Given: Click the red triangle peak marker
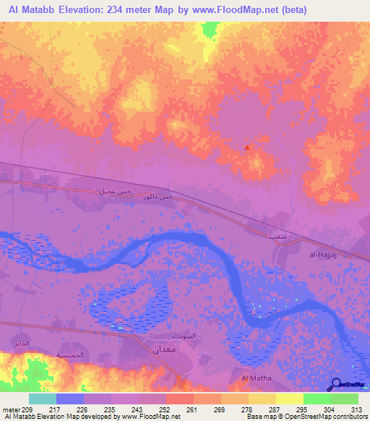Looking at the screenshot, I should click(247, 147).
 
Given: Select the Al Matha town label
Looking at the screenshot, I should click(255, 378).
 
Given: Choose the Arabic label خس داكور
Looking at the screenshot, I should click(158, 197).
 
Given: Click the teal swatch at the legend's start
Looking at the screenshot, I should click(43, 399).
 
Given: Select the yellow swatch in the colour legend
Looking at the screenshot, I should click(289, 399).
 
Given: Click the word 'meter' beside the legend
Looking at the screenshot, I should click(11, 409).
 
